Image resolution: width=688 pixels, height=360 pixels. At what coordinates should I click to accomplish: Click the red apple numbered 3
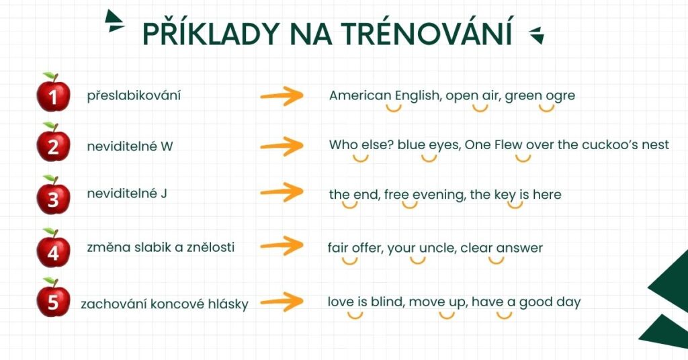coord(53,195)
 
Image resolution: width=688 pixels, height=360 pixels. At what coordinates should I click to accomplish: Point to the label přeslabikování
coord(134,95)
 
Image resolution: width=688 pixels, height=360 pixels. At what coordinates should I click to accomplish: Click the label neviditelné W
coord(130,146)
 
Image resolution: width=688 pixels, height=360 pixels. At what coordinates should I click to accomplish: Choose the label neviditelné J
coord(127,193)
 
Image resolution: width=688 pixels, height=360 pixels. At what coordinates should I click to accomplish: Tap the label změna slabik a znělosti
coord(161,247)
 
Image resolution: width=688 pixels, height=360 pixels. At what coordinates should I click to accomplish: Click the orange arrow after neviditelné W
coord(282,146)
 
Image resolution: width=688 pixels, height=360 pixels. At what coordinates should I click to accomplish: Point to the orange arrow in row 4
coord(282,246)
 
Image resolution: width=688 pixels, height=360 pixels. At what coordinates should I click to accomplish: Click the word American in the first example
coord(360,95)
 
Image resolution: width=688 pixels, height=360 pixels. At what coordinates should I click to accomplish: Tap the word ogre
coord(560,96)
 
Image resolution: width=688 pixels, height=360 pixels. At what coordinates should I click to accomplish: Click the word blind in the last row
coord(387,302)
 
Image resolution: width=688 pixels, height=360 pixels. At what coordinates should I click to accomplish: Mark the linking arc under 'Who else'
coord(360,159)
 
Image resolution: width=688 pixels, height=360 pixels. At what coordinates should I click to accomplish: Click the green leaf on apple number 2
coord(50,126)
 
